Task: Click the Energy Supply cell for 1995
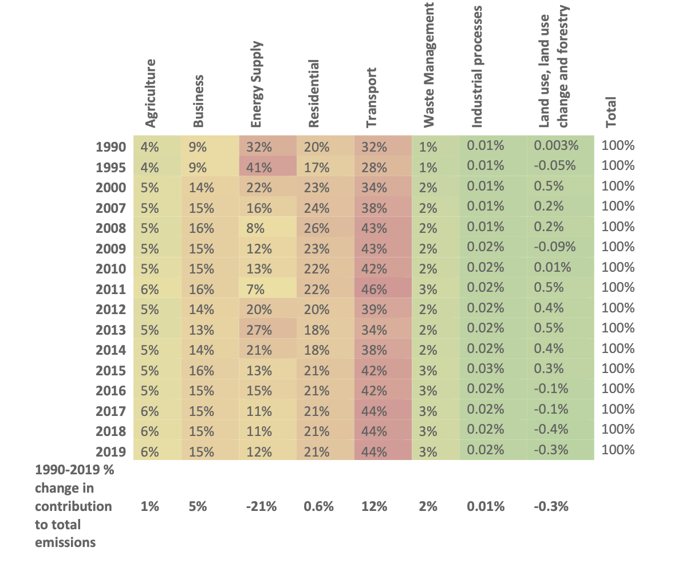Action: (259, 167)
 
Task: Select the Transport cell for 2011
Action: (374, 289)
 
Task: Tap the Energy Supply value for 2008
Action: (255, 228)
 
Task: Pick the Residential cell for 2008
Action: (317, 228)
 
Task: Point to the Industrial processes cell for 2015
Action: (486, 369)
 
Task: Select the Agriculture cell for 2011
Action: (149, 289)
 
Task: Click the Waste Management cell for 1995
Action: (428, 167)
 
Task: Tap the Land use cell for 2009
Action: (555, 247)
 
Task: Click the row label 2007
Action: (111, 208)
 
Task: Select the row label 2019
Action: (111, 452)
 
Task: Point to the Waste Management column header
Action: (428, 65)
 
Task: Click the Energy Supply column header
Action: (257, 85)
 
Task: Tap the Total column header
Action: (610, 112)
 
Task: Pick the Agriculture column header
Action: (150, 93)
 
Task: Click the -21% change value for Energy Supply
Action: (262, 506)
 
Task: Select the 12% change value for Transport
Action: (374, 506)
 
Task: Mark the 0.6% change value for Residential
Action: (319, 506)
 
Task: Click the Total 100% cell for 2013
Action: (618, 328)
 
